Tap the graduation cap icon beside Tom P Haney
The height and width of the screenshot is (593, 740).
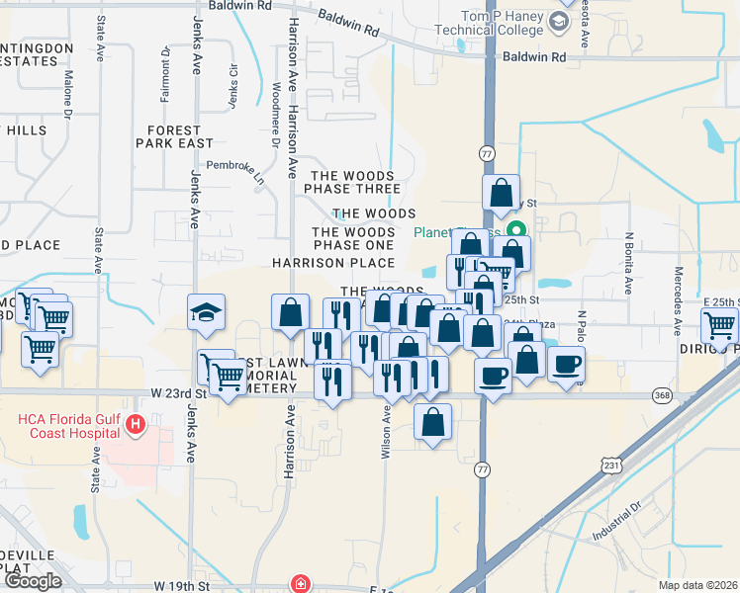[x=561, y=20]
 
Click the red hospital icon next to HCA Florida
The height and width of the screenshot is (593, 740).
[x=138, y=427]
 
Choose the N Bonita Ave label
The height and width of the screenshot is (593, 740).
[x=628, y=264]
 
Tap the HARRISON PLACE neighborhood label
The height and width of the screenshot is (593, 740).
[x=333, y=263]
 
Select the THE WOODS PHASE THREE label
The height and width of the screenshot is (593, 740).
[x=353, y=181]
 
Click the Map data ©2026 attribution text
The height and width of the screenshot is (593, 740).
[x=696, y=585]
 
